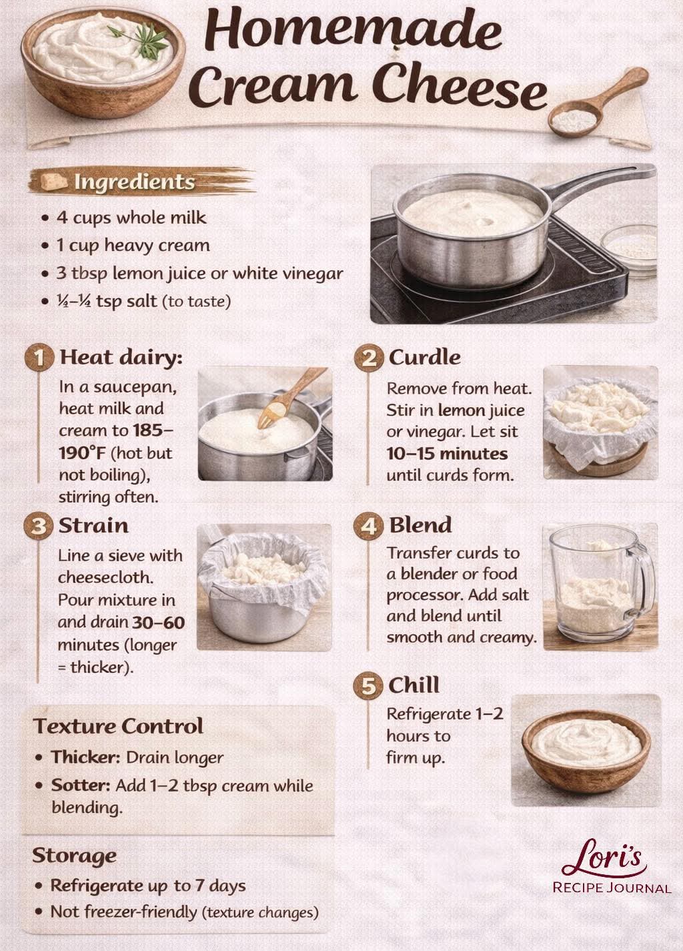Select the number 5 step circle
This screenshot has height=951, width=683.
pos(368,685)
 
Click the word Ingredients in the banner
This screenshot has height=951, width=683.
pos(135,182)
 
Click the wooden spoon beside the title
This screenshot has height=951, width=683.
pos(598,103)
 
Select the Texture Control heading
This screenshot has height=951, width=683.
pos(118,726)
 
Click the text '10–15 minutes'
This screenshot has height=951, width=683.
pos(447,454)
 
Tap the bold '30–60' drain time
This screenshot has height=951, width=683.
pos(159,623)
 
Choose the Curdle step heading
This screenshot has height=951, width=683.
pos(425,358)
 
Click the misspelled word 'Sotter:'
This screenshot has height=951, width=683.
pos(81,785)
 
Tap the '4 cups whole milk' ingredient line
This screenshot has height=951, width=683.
pos(131,218)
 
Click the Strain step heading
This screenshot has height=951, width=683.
pos(93,526)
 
